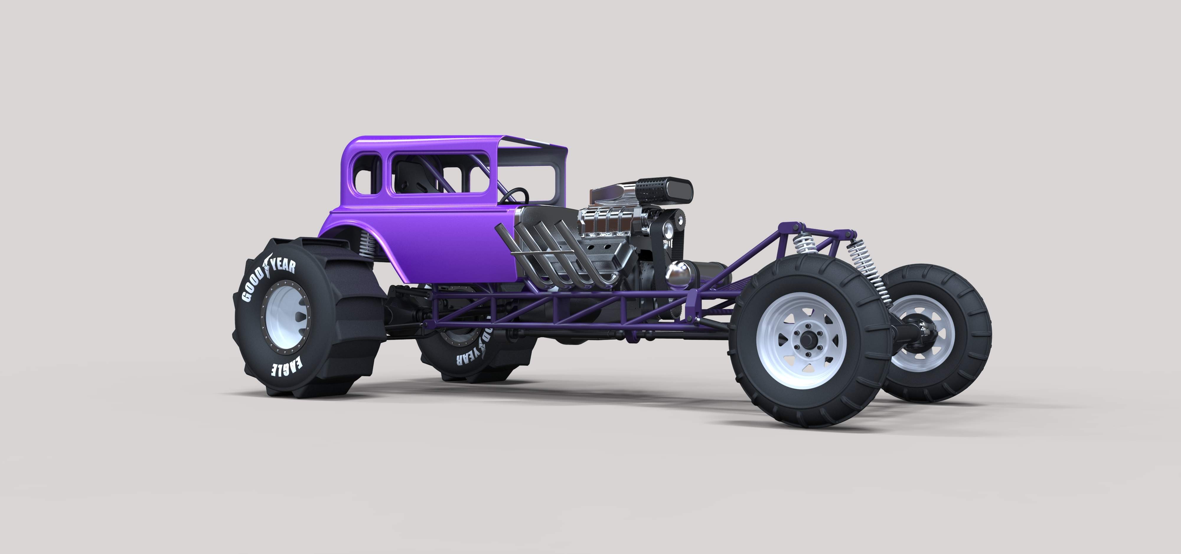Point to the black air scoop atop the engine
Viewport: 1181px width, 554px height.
pos(665,187)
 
